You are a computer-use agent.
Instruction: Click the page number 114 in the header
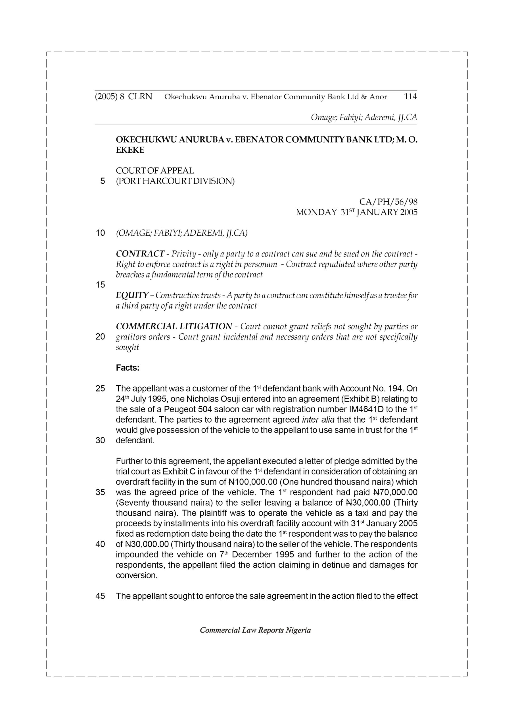410,96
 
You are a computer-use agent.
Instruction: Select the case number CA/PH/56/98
388,202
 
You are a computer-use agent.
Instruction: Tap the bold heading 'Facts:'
128,368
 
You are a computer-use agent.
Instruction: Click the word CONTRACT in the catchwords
140,254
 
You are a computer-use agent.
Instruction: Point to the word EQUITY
132,295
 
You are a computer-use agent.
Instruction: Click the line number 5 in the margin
102,181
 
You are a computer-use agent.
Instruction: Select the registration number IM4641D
366,409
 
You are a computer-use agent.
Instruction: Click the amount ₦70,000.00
395,493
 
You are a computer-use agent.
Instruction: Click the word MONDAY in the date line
316,212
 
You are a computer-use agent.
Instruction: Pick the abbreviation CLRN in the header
140,96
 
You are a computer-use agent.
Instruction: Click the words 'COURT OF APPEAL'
155,171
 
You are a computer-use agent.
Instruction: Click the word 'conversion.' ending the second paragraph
137,576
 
